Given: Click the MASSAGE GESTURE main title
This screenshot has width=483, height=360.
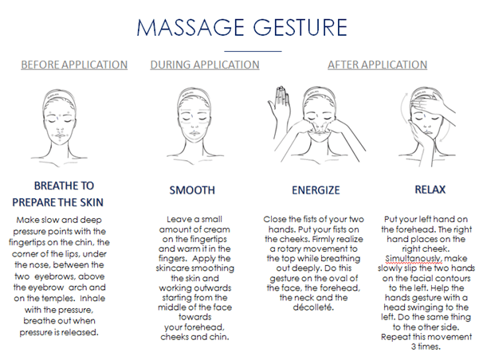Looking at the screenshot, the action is pos(241,27).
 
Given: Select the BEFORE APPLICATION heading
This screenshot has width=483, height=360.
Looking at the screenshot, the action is pos(74,65).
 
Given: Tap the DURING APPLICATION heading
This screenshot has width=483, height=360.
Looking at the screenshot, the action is pos(205,65).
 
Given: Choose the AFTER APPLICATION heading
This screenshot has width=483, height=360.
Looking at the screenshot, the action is pos(377,65).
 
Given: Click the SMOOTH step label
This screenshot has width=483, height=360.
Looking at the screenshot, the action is pos(192,190).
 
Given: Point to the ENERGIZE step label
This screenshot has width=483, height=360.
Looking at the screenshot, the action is pos(316,190).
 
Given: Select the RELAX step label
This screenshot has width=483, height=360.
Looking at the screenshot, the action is pos(430,190).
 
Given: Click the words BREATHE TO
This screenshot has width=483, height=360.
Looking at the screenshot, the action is pos(64,186).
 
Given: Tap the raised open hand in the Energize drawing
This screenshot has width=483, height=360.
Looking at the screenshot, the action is pos(278,106).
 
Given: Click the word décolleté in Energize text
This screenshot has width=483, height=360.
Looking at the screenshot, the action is pos(313,307).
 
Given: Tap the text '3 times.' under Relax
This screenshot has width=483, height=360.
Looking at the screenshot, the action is pos(426,346).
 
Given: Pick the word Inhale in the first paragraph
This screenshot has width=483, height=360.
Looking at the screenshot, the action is pos(92,299).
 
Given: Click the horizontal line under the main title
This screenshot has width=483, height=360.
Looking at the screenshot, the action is pos(253,51).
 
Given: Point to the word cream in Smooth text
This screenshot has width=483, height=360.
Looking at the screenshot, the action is pos(219,229).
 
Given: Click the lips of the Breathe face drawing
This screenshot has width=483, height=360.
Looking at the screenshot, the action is pos(60,135).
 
